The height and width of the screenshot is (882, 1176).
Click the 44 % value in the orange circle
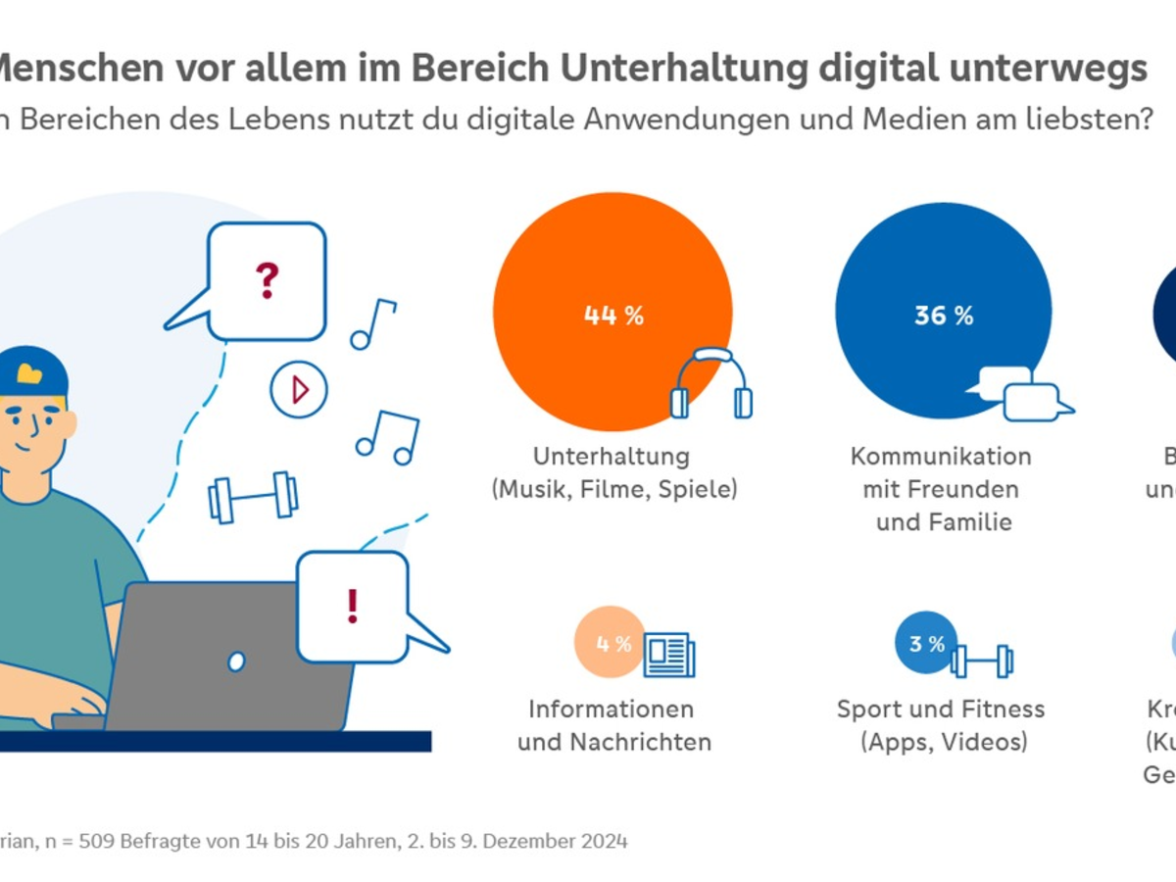[x=613, y=316]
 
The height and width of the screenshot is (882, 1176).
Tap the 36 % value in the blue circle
[x=944, y=316]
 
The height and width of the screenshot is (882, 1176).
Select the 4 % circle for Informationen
[x=612, y=643]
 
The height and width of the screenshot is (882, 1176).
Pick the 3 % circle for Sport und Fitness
[x=926, y=643]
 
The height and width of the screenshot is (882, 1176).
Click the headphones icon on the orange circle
[x=711, y=384]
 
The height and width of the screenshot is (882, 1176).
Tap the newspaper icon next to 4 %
[x=669, y=654]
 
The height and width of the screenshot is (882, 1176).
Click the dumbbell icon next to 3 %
[x=982, y=660]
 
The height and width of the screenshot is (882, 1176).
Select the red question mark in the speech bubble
[x=267, y=280]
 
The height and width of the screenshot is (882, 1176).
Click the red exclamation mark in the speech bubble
[x=353, y=605]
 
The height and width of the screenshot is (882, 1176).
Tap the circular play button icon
[x=298, y=390]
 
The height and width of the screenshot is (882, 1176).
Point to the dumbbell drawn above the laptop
[x=253, y=496]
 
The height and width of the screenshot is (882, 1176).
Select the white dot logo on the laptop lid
[x=236, y=661]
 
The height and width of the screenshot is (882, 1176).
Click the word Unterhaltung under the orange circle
[x=612, y=457]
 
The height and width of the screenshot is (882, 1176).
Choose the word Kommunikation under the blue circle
[x=941, y=457]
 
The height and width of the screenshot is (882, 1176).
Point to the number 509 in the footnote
[x=100, y=841]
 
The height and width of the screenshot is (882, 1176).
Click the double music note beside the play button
[x=388, y=437]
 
